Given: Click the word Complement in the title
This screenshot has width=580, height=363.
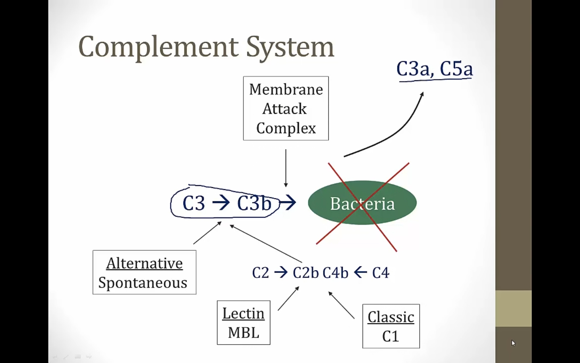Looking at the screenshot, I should [158, 47].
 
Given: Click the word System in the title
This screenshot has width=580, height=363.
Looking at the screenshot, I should [290, 47].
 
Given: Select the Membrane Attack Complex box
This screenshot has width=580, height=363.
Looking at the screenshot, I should [286, 108].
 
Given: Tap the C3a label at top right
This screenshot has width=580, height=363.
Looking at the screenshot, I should [412, 69].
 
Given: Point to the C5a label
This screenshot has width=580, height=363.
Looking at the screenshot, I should [456, 69].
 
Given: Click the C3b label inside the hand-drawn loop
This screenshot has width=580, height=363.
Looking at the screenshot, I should [254, 203].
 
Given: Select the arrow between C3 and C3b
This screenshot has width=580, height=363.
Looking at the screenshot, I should [221, 202].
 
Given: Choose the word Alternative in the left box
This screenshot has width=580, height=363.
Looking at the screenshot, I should [144, 263].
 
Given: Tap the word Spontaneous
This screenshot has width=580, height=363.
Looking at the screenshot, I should [143, 283].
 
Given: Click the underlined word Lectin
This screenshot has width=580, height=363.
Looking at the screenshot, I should [243, 313].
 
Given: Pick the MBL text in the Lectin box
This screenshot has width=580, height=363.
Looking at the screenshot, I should [243, 333].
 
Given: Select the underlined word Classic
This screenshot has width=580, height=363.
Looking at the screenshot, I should [391, 317].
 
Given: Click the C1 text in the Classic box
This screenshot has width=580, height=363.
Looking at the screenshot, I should [390, 336].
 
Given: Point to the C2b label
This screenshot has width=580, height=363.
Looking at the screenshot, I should [306, 273].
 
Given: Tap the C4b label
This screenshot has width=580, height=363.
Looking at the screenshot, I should [335, 273].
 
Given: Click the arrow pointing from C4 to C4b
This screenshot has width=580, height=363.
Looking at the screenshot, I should [360, 273].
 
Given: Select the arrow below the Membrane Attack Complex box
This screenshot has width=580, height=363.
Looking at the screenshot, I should [286, 167].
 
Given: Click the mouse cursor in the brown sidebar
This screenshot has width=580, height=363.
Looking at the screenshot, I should [513, 343].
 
